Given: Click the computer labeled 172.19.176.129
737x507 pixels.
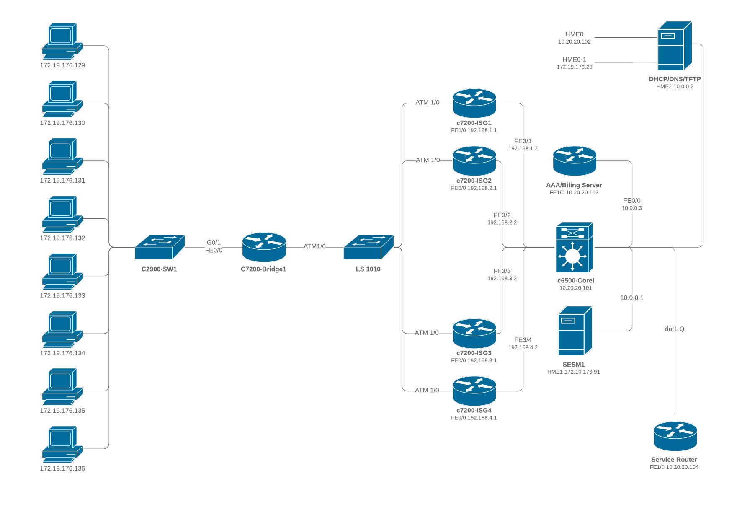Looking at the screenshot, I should [62, 41].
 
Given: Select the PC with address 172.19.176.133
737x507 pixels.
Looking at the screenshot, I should [62, 272].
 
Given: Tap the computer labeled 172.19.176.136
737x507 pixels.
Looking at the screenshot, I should [62, 444].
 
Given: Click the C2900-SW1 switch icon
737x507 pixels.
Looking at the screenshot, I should [160, 247].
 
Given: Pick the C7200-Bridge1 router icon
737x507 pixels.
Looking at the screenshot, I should [264, 247].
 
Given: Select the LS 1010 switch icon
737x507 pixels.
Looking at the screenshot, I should [368, 247].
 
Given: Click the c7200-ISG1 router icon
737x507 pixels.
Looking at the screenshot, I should [474, 103].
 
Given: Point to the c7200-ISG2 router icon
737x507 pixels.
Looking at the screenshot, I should [474, 161].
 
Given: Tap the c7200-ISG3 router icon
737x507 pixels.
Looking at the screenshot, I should [474, 333].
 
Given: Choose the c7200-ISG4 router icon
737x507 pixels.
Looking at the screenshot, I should [474, 391].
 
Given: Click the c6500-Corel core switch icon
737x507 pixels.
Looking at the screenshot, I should [574, 248].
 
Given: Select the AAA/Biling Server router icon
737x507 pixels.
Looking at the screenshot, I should [575, 161].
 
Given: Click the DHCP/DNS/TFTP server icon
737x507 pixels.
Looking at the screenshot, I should [674, 46].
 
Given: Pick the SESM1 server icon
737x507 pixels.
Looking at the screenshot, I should [575, 331].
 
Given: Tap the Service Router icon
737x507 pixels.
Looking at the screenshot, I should [675, 436].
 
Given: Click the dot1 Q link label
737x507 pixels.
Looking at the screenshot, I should [675, 329].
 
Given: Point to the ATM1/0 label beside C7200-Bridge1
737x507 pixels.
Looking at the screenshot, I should [314, 246].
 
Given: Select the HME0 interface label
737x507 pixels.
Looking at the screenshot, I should [574, 34].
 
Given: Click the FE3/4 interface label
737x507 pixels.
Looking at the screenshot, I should [523, 340].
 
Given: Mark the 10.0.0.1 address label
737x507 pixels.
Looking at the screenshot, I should [631, 298].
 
